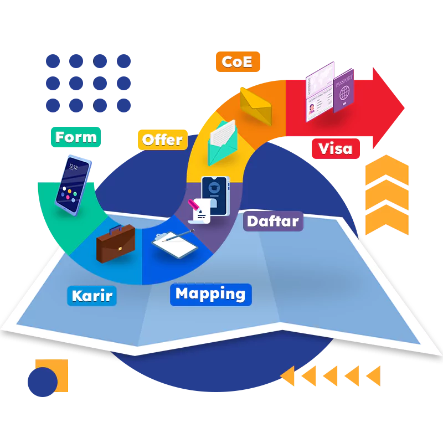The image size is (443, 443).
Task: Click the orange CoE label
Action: point(237,61)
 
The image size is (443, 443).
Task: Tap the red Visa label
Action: point(335,148)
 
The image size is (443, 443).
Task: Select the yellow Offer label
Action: point(162,140)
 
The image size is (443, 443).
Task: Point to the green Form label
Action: point(76,137)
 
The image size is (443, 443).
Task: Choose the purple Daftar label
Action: point(272,221)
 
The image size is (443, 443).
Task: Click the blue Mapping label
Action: point(210,294)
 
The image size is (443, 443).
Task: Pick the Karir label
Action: point(92,295)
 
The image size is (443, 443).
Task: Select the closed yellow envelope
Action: point(256,105)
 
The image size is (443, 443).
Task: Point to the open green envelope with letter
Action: point(221,142)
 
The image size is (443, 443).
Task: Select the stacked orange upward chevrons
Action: point(386,194)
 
